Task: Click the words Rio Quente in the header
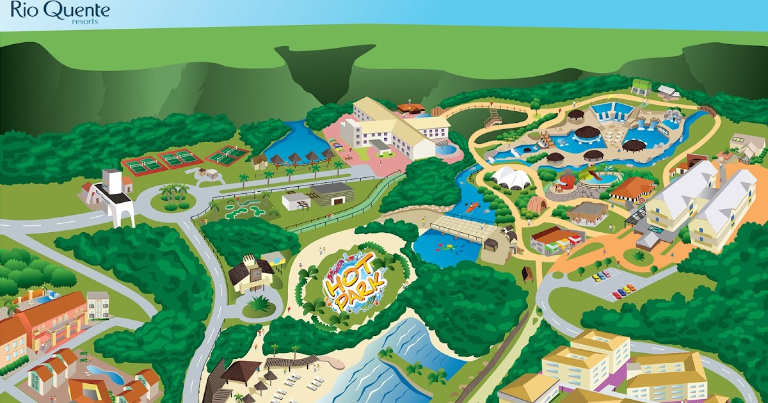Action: pos(60,10)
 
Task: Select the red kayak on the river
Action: pos(472,207)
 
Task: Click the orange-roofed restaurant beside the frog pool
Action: pos(632,188)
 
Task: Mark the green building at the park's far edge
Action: pos(641,86)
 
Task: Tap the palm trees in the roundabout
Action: pos(172,193)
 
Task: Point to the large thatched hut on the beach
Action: pos(241,370)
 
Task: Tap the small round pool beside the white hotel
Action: pos(449,150)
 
